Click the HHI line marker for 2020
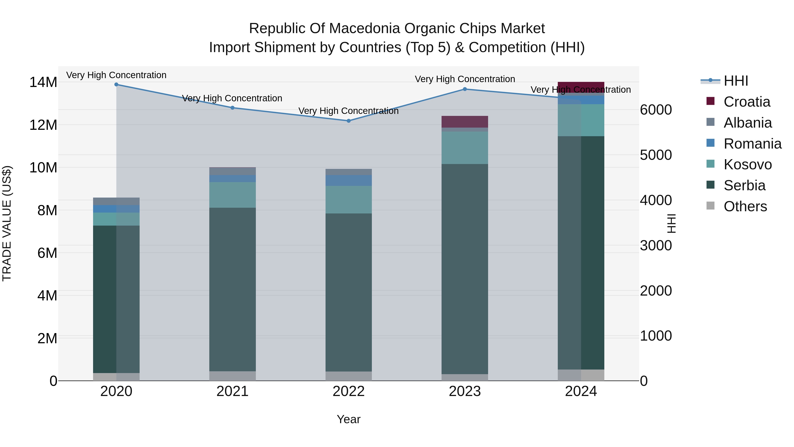point(116,85)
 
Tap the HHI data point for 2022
point(349,121)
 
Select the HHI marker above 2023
point(465,89)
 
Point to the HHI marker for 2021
point(232,108)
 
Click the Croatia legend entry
point(747,102)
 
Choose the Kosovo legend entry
point(747,164)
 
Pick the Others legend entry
point(745,206)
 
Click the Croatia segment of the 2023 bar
point(465,122)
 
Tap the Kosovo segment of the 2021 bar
point(232,195)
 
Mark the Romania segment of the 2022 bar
point(349,181)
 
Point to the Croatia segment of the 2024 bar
point(581,87)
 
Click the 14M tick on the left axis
point(43,82)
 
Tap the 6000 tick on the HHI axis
point(656,110)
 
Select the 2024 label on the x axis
point(581,391)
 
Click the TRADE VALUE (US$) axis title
point(7,223)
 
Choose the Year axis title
point(349,419)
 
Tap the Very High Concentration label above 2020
point(116,75)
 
